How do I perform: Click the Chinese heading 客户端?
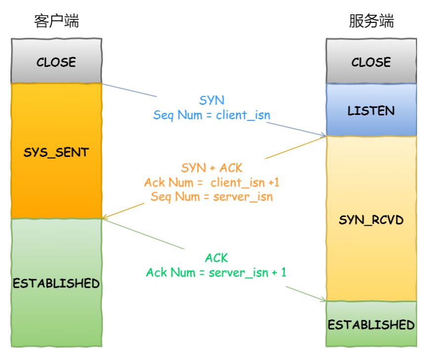[x=56, y=21]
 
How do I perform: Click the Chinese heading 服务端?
[x=371, y=21]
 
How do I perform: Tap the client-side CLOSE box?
[x=56, y=61]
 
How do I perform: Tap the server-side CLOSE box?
[x=371, y=61]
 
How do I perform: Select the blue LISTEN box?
[x=371, y=109]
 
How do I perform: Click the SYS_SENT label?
[x=56, y=153]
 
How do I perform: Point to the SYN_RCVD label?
[x=371, y=220]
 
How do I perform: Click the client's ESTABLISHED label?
[x=56, y=283]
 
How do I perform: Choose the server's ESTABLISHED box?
[x=371, y=324]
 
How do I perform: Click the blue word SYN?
[x=212, y=101]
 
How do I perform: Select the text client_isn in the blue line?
[x=243, y=115]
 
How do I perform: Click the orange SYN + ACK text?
[x=212, y=168]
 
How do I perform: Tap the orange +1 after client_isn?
[x=274, y=182]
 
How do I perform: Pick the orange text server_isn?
[x=243, y=197]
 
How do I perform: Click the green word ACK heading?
[x=216, y=258]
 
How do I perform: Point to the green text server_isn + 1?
[x=247, y=272]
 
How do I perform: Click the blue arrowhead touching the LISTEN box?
[x=324, y=135]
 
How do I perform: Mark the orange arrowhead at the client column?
[x=105, y=217]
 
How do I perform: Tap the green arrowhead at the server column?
[x=324, y=300]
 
